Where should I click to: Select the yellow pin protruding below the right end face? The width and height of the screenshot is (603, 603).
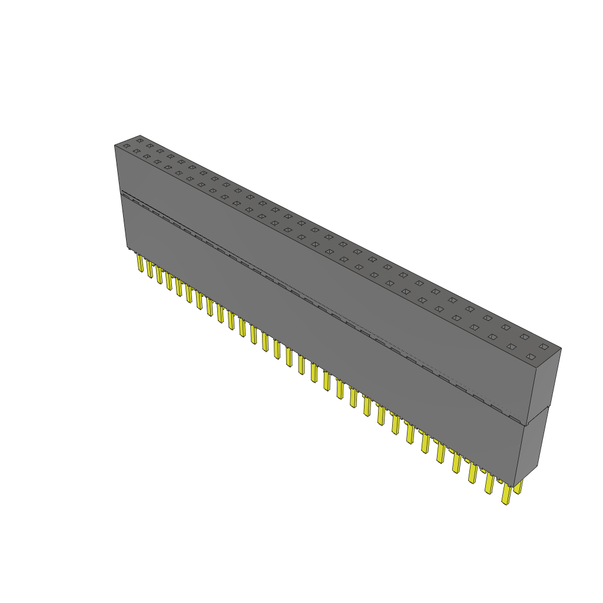pos(518,487)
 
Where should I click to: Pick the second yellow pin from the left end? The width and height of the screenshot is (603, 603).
pos(150,269)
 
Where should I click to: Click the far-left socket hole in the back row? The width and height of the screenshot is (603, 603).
pos(140,140)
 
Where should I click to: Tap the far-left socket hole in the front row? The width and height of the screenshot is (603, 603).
pos(125,145)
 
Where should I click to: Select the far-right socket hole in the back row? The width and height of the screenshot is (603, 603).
pos(543,347)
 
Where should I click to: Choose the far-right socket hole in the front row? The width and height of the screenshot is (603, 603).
pos(530,357)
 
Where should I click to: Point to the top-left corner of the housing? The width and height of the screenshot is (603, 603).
pos(114,145)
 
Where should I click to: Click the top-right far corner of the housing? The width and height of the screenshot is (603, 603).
pos(561,348)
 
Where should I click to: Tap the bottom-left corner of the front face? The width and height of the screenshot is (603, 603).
pos(127,249)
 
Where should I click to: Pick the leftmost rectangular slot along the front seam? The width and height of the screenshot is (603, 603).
pos(137,201)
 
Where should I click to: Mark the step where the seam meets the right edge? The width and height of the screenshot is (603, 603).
pos(526,423)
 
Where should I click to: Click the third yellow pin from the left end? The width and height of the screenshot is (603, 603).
pos(159,275)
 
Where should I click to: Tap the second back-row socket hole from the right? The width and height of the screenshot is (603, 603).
pos(524,337)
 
